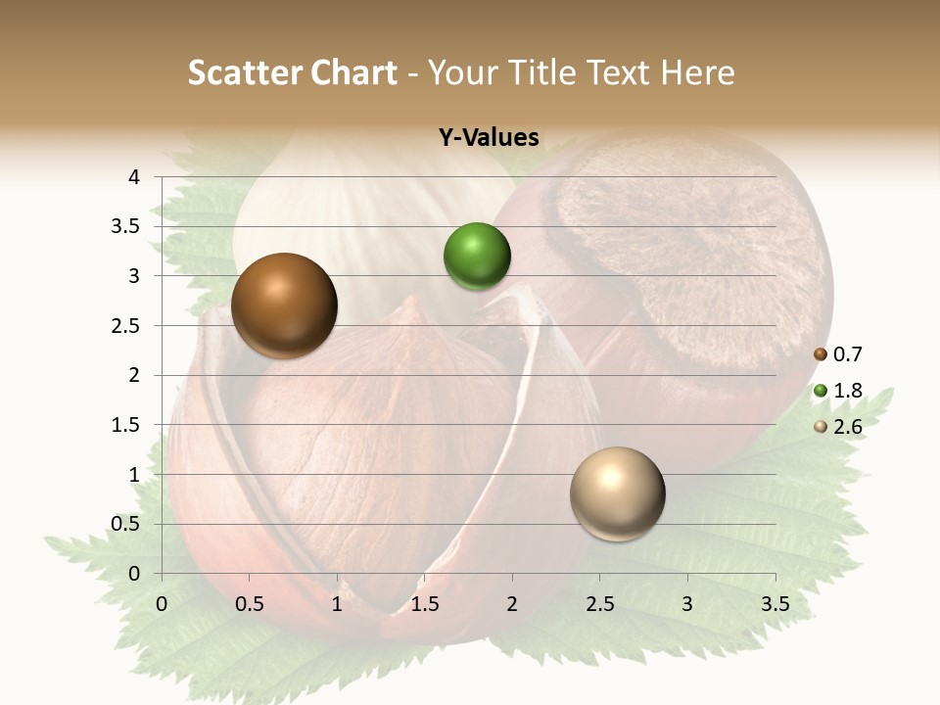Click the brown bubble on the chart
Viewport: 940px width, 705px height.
click(284, 305)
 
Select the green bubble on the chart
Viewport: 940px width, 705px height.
click(477, 257)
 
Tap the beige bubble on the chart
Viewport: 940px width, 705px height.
click(617, 493)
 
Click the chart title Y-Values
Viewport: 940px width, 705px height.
click(489, 138)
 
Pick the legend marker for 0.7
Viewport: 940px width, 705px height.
click(821, 354)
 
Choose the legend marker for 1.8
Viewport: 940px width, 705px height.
click(821, 391)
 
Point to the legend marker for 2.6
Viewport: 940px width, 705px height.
click(821, 427)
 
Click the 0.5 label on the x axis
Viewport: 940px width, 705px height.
click(250, 604)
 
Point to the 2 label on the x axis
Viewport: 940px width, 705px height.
click(512, 604)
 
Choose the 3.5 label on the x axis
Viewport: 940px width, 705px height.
click(775, 604)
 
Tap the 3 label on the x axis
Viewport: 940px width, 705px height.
click(687, 604)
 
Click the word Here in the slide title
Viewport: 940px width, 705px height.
click(697, 72)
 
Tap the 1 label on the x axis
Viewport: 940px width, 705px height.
click(337, 604)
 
